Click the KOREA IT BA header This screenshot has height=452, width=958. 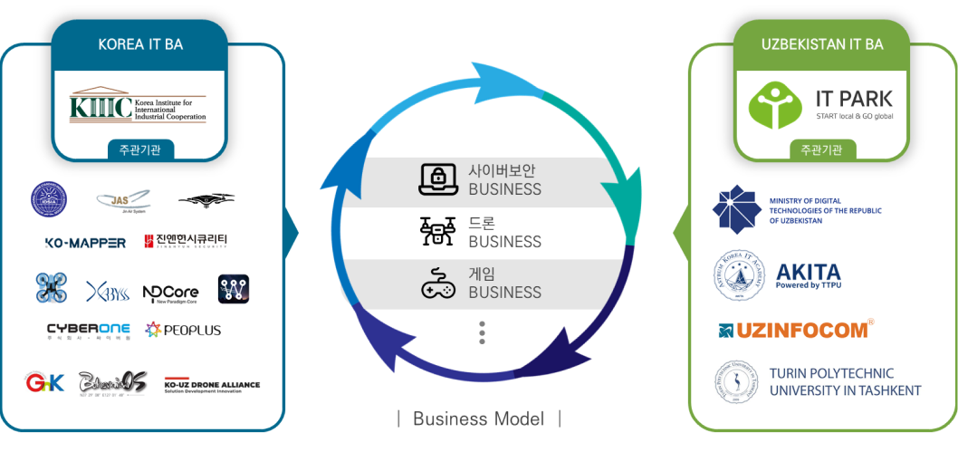(x=139, y=44)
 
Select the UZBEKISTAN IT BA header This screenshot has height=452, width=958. (x=822, y=44)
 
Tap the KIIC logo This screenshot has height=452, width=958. (x=139, y=104)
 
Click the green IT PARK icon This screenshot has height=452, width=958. (x=775, y=105)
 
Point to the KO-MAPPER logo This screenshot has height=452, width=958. (x=84, y=242)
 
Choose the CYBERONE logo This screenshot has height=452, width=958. (x=88, y=331)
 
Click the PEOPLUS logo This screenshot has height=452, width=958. (x=184, y=331)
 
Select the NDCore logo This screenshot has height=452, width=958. (x=170, y=291)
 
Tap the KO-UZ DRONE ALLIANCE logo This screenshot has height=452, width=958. (x=212, y=385)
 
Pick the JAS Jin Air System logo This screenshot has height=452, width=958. (x=123, y=200)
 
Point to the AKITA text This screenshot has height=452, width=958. (x=808, y=273)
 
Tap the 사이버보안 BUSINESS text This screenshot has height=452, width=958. (x=504, y=180)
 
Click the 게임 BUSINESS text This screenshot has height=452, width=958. (x=504, y=283)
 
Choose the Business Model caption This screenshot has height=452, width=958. (x=479, y=418)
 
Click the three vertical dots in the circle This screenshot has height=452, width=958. (x=482, y=332)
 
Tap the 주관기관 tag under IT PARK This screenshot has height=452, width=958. (x=821, y=150)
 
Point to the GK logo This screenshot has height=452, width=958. (x=45, y=383)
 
